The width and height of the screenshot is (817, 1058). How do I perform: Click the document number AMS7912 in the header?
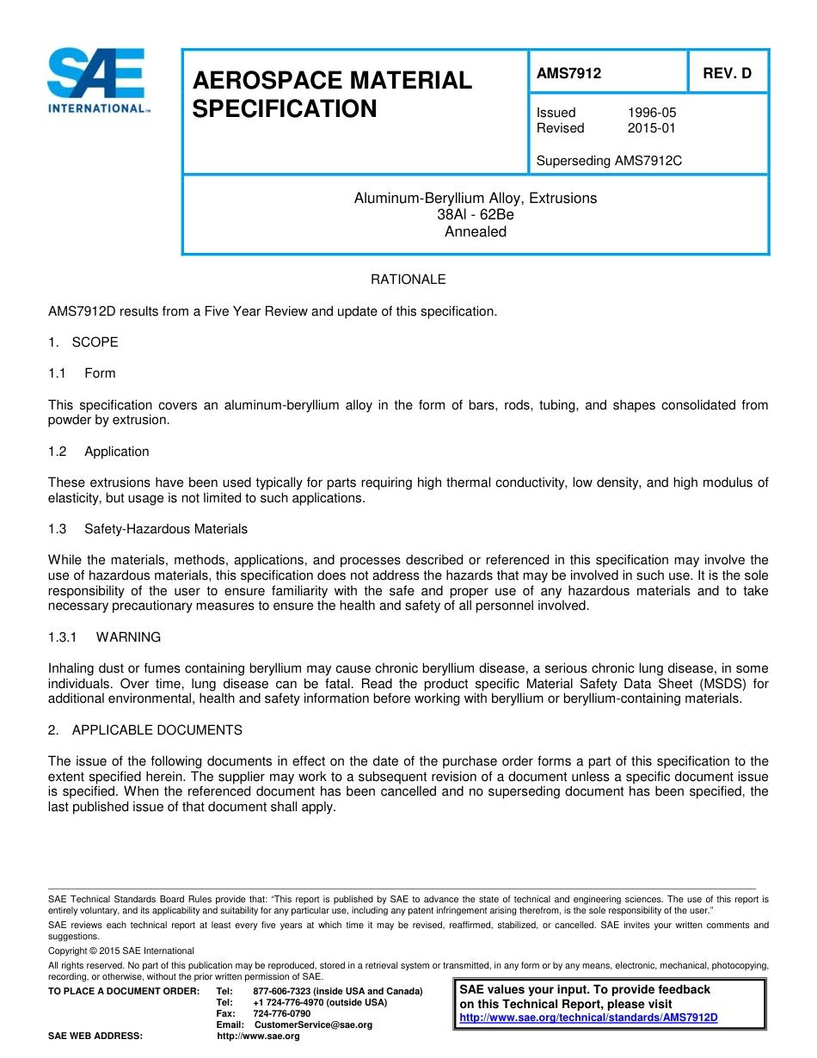tap(568, 74)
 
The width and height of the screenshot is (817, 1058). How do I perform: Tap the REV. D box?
tap(727, 74)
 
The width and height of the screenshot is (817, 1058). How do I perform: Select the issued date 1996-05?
tap(652, 113)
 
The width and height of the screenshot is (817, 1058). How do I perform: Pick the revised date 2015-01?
tap(652, 128)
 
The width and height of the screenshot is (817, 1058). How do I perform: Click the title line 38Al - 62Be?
tap(475, 215)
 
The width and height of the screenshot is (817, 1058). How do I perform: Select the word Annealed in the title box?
tap(475, 231)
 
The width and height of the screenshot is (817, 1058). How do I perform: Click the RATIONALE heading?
tap(408, 280)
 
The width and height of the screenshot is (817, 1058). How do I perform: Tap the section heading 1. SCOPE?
tap(83, 342)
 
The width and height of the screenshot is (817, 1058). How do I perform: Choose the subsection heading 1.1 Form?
tap(83, 373)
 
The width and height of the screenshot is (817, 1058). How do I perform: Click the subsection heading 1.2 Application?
tap(99, 452)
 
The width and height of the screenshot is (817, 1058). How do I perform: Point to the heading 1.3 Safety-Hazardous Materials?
tap(148, 529)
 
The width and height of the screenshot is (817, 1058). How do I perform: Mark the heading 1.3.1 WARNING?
tap(104, 637)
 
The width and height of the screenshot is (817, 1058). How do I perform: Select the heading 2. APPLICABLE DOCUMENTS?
tap(145, 730)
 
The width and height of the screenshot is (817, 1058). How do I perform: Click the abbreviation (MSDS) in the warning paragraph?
tap(719, 684)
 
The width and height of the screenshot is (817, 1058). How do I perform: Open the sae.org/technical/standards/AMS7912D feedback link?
tap(588, 1018)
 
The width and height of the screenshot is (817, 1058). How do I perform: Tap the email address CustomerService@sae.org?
tap(313, 1024)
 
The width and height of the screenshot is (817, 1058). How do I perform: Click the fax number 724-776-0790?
tap(281, 1013)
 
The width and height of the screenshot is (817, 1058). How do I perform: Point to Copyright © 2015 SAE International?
tap(121, 950)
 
